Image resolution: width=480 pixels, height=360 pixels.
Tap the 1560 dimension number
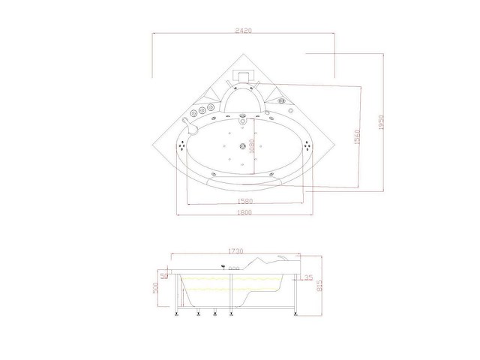point(358,136)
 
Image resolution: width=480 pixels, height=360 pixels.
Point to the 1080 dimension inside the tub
point(252,147)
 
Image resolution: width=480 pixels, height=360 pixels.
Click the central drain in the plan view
point(241,147)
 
